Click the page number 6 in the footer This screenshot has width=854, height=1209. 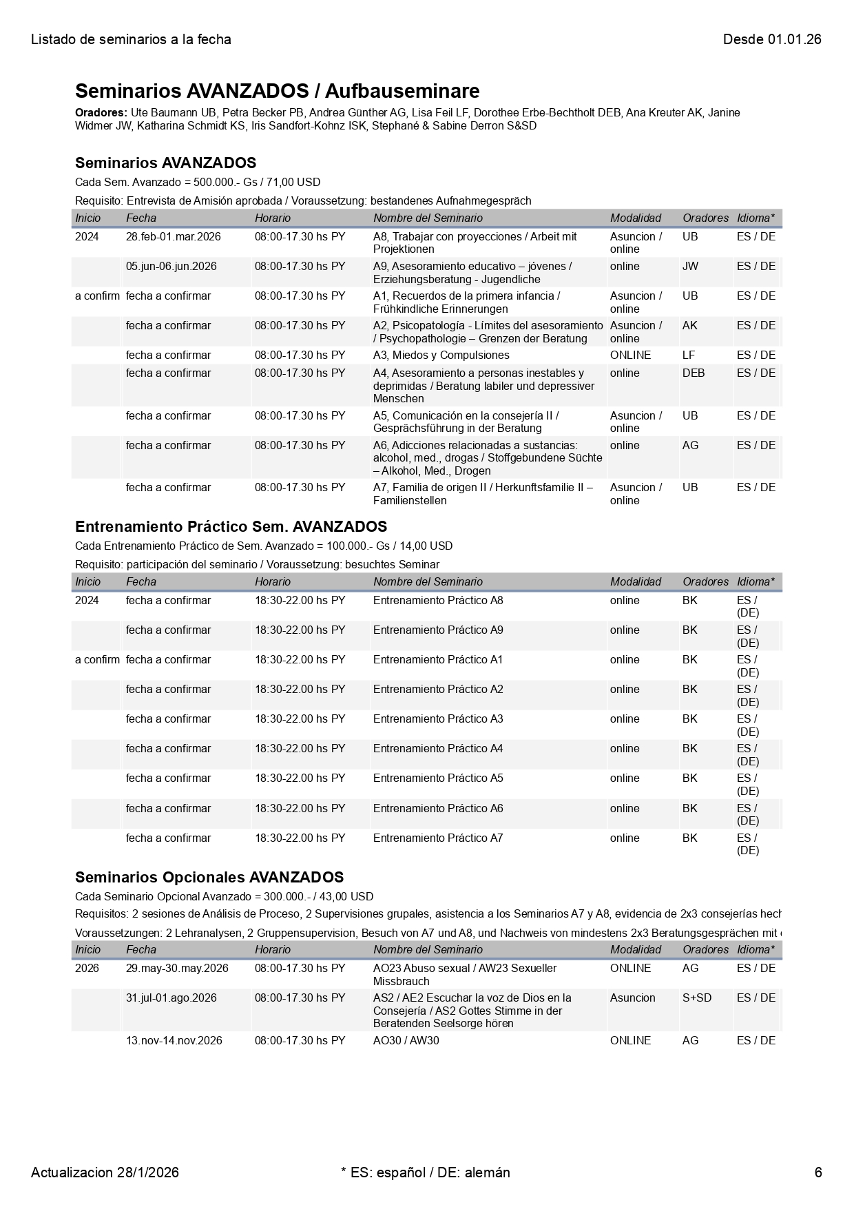pyautogui.click(x=817, y=1172)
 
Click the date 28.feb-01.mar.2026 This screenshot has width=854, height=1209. pyautogui.click(x=173, y=236)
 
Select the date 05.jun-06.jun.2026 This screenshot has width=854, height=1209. pyautogui.click(x=171, y=266)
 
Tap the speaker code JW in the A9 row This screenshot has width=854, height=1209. pyautogui.click(x=689, y=266)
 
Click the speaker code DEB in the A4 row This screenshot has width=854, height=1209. pyautogui.click(x=693, y=373)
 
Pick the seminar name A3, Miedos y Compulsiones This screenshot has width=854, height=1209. pyautogui.click(x=441, y=355)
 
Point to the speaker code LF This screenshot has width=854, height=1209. pyautogui.click(x=688, y=355)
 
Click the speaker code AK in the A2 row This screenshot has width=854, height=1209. pyautogui.click(x=689, y=325)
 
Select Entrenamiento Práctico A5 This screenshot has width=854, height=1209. pyautogui.click(x=437, y=778)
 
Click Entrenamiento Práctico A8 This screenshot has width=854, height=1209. pyautogui.click(x=437, y=600)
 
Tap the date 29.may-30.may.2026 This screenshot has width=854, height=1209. pyautogui.click(x=176, y=968)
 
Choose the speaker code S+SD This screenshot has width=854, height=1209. pyautogui.click(x=696, y=998)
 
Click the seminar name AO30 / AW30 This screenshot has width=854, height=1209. pyautogui.click(x=406, y=1040)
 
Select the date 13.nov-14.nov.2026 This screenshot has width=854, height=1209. pyautogui.click(x=174, y=1040)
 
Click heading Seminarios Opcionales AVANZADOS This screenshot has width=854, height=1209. pyautogui.click(x=209, y=877)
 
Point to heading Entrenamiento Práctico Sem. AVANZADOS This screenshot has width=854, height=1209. pyautogui.click(x=231, y=526)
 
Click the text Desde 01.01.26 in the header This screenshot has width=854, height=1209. pyautogui.click(x=771, y=39)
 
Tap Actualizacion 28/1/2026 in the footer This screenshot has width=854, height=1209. pyautogui.click(x=105, y=1172)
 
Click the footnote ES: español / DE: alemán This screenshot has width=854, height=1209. pyautogui.click(x=425, y=1172)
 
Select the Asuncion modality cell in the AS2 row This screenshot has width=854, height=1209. pyautogui.click(x=632, y=998)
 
